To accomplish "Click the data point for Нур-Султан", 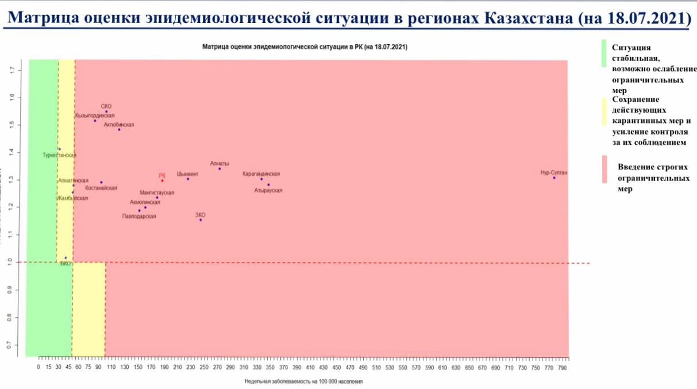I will click(554, 178).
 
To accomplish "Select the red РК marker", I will click(163, 181).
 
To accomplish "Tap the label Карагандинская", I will click(261, 174).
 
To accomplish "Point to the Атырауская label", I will click(268, 191).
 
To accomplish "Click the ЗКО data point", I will click(201, 220).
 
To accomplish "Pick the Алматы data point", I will click(220, 169).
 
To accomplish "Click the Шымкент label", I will click(188, 174).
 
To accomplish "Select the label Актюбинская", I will click(119, 124).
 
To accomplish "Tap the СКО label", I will click(106, 106).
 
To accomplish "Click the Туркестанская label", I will click(59, 155).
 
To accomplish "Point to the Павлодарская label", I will click(139, 217).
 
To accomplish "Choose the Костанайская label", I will click(101, 188).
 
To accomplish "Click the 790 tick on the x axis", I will click(563, 367).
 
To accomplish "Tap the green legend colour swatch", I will click(604, 53).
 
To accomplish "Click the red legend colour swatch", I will click(604, 170).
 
